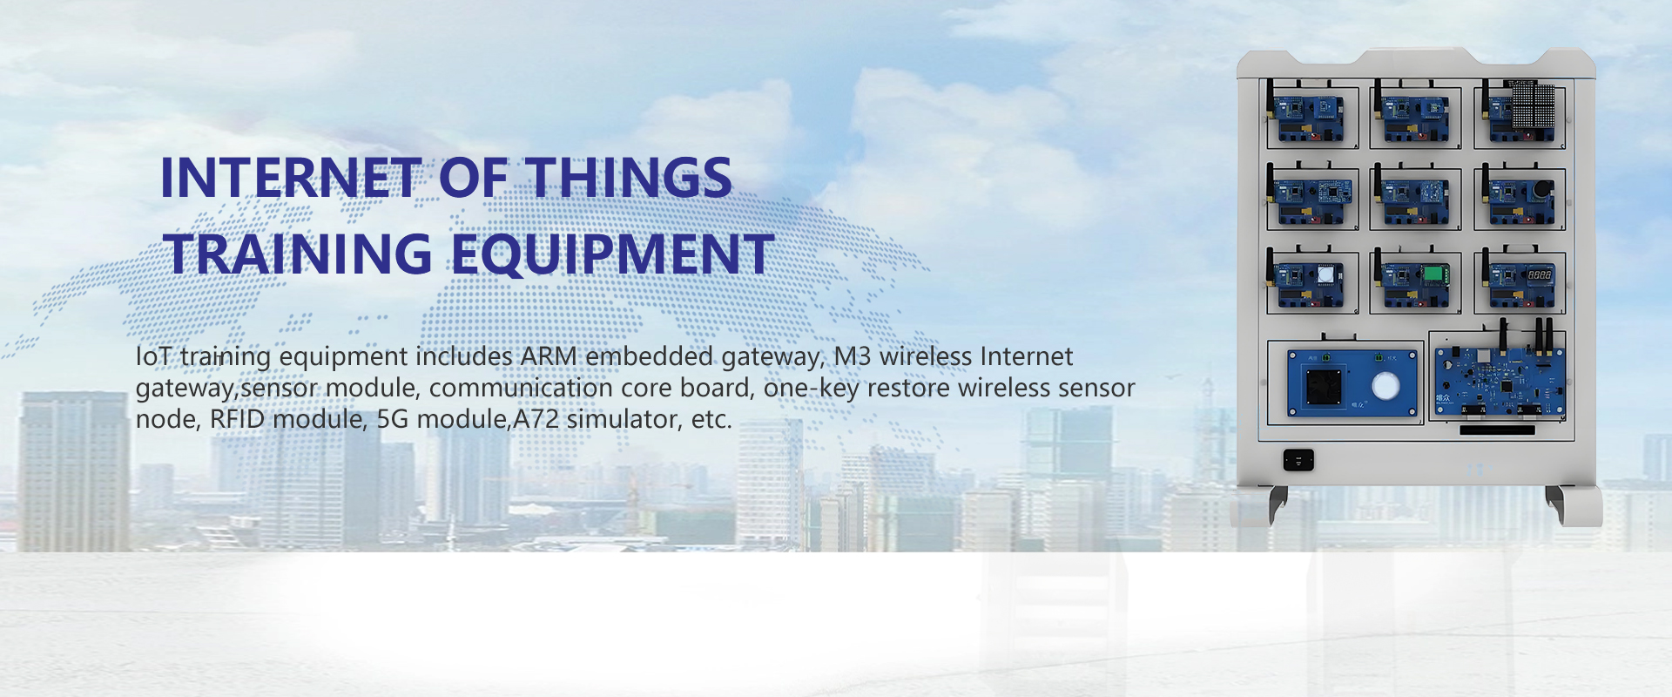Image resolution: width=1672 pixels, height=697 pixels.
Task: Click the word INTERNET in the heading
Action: tap(291, 178)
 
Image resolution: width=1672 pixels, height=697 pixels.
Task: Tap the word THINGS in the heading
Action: tap(630, 178)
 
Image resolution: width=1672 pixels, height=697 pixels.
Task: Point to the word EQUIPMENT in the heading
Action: tap(612, 254)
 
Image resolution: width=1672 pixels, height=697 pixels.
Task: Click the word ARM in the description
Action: tap(549, 356)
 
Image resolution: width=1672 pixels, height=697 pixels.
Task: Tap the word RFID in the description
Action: tap(241, 419)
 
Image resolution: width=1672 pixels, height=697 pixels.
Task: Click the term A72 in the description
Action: tap(536, 419)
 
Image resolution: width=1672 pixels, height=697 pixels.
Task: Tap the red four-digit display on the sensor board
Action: tap(1539, 275)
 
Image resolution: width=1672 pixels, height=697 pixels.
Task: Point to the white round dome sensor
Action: tap(1325, 275)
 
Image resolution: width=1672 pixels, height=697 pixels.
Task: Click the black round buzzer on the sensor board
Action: tap(1541, 189)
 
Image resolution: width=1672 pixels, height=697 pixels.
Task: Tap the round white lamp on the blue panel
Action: tap(1385, 386)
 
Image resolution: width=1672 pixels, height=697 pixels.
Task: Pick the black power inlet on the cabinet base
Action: tap(1298, 460)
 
